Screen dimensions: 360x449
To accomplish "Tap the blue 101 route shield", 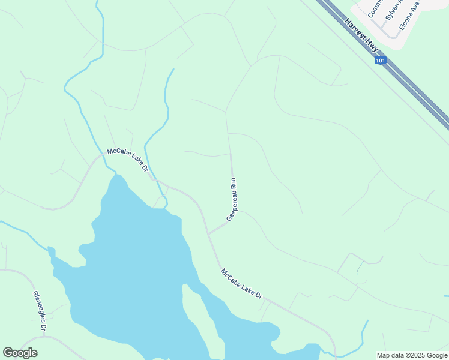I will [x=380, y=61].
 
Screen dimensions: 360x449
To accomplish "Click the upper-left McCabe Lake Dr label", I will [x=127, y=160].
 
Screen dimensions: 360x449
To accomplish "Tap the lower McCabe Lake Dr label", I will [x=242, y=283].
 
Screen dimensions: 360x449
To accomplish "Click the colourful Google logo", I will [x=20, y=353].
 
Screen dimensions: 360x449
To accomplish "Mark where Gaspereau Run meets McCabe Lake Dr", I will [x=208, y=233].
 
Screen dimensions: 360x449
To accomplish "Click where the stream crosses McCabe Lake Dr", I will [x=157, y=181].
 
